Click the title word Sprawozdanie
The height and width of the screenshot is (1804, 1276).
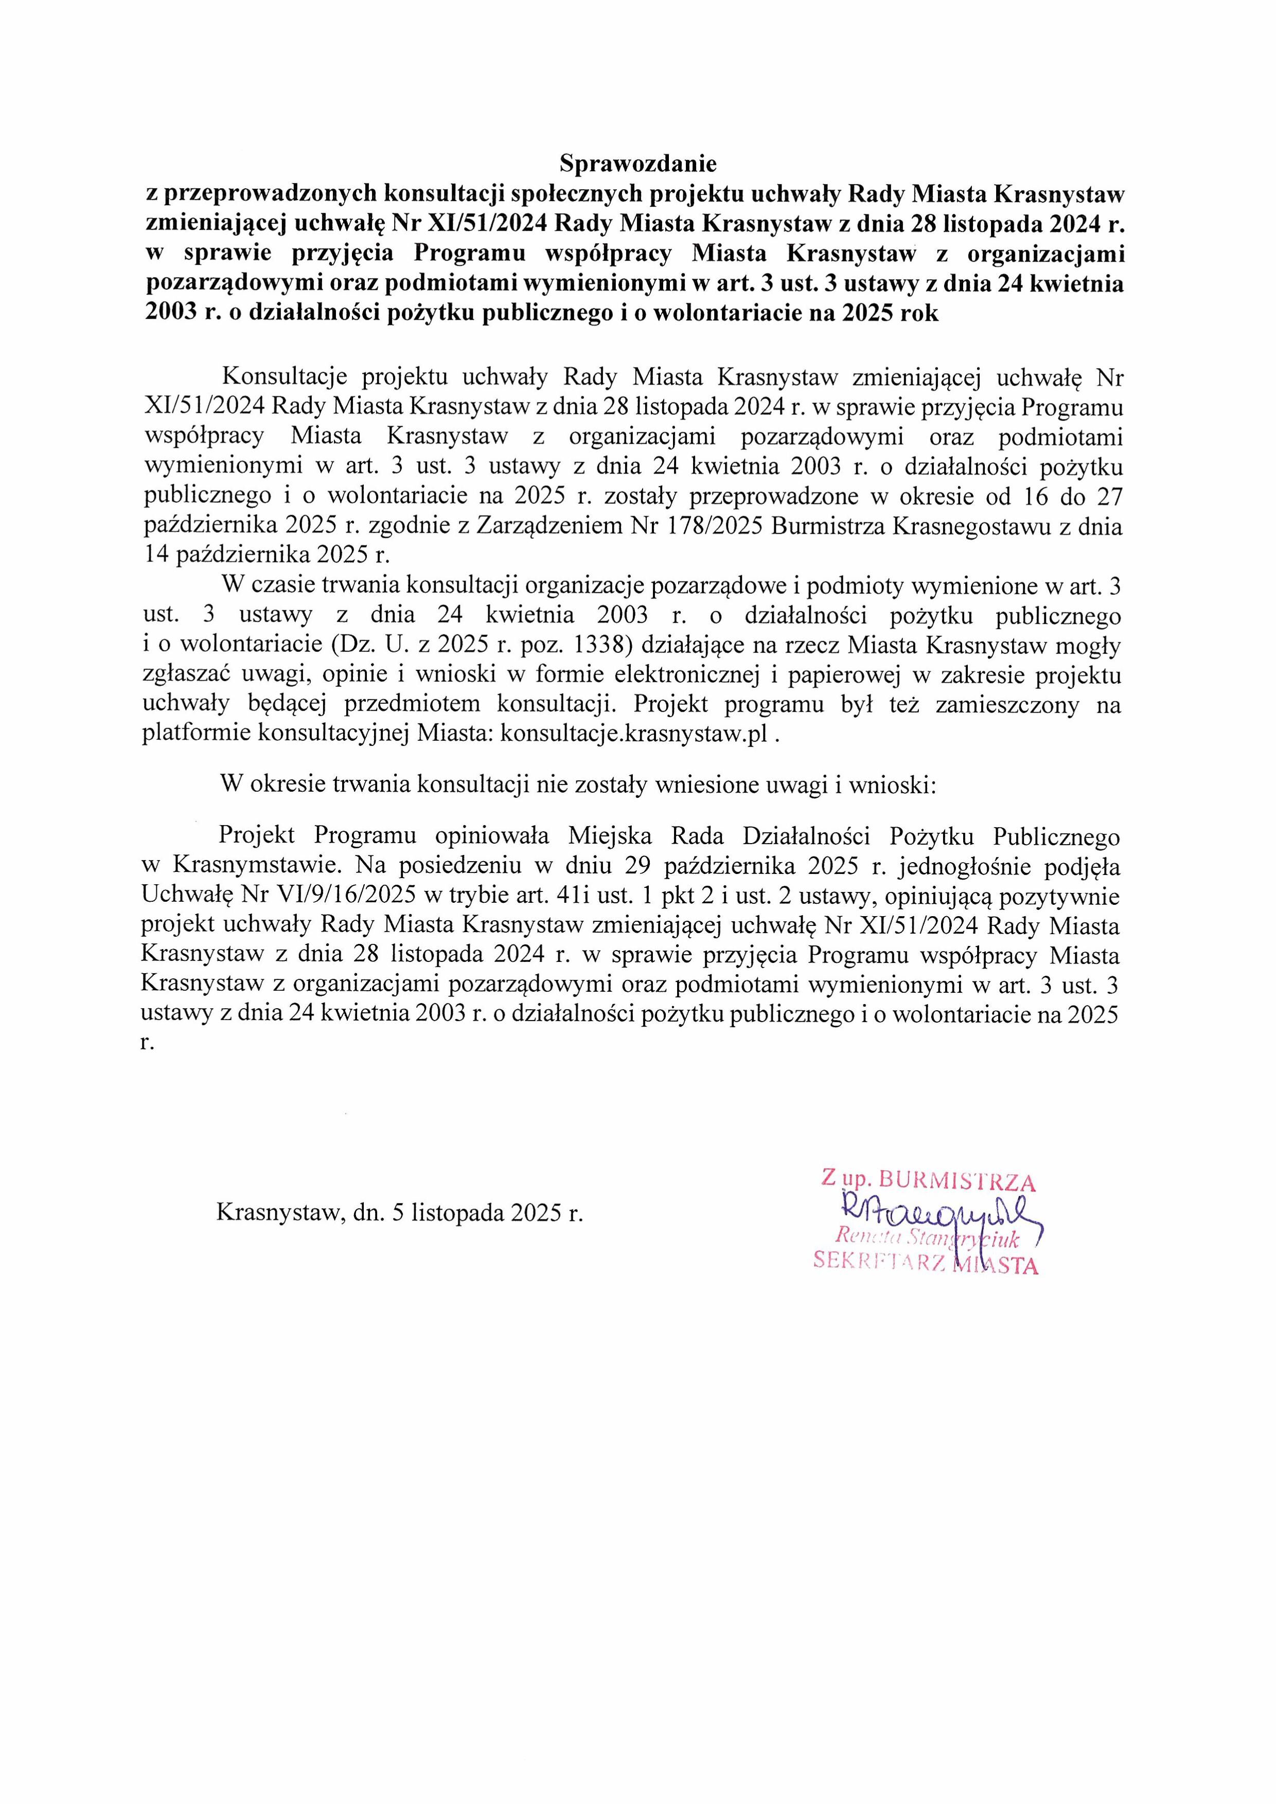(x=637, y=163)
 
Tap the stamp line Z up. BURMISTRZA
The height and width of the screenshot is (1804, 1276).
(x=929, y=1180)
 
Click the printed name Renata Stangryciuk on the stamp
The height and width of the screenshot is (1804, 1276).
(x=928, y=1239)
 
